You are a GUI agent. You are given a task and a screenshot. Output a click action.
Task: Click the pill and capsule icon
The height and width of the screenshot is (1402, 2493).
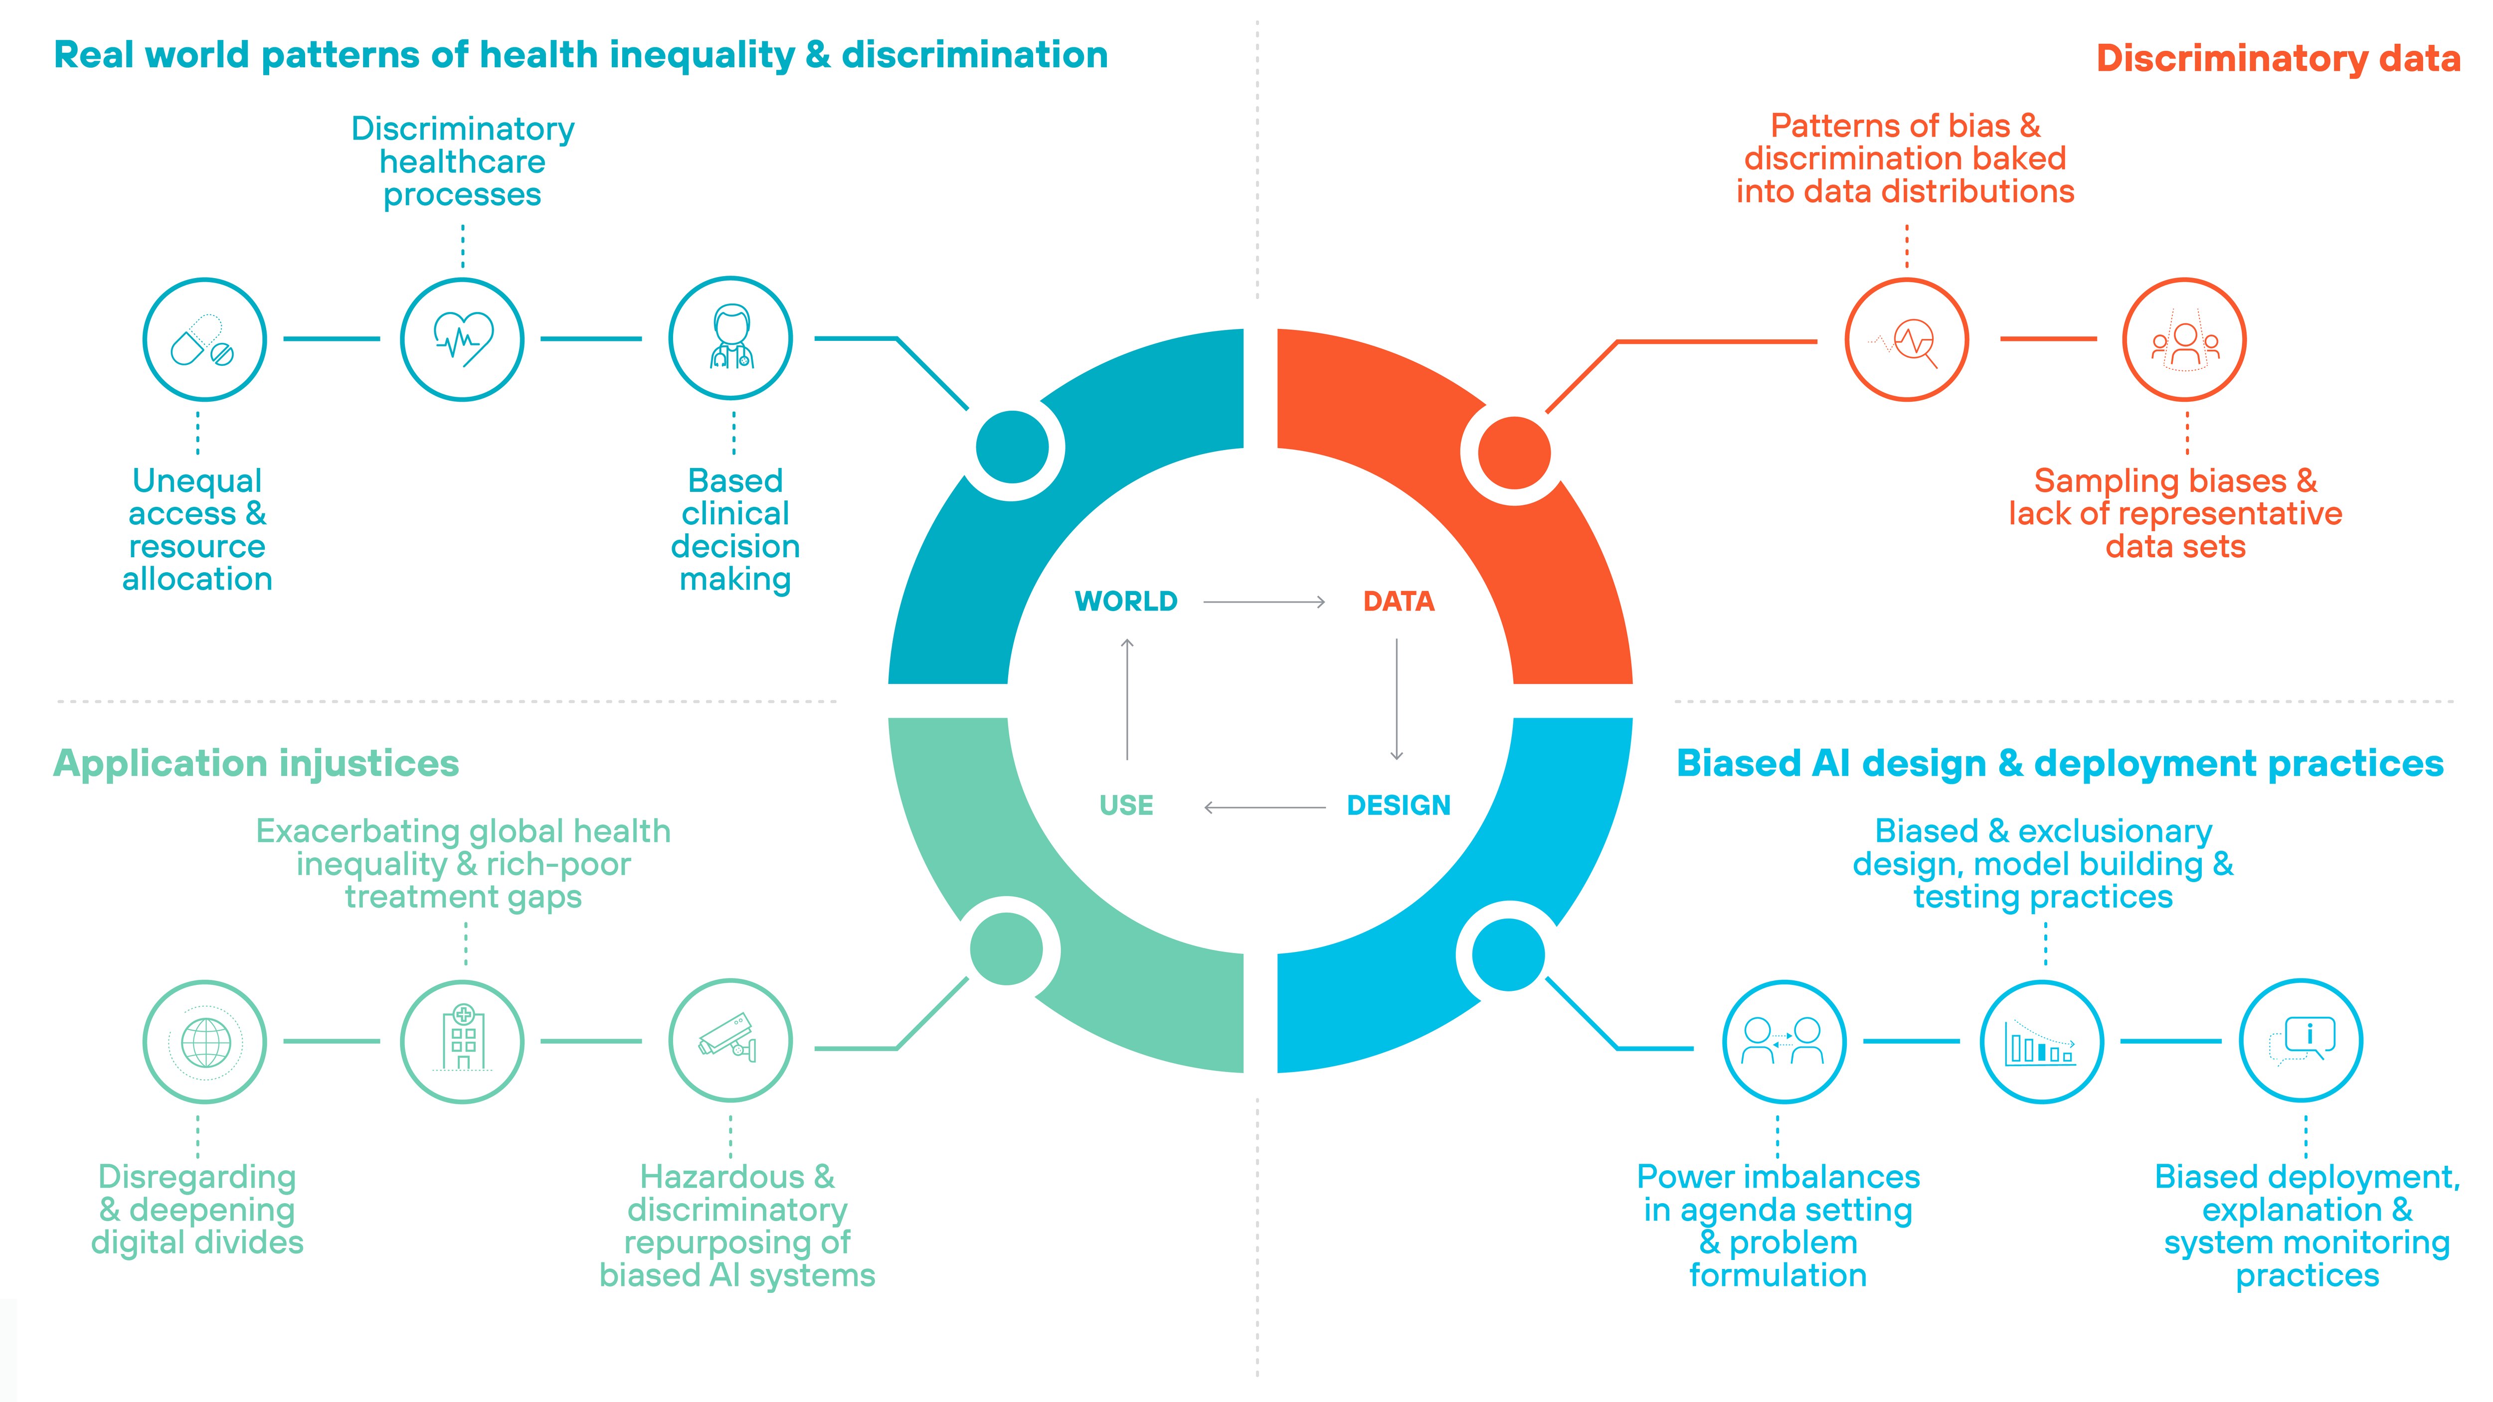[204, 339]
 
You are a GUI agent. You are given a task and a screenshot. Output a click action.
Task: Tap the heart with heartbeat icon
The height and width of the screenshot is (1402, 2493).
[463, 339]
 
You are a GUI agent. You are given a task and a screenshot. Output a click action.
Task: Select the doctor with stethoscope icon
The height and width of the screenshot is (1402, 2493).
[730, 338]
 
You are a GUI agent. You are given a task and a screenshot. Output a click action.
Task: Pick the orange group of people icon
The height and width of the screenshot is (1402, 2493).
[2184, 340]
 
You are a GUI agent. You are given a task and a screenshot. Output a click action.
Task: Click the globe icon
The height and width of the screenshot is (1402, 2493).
[204, 1042]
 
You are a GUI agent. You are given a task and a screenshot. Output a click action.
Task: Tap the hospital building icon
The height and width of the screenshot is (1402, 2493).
[463, 1042]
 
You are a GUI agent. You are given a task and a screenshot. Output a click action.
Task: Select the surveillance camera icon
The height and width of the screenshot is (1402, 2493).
[730, 1041]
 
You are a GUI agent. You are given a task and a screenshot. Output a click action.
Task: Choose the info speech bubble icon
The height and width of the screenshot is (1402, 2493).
[2302, 1041]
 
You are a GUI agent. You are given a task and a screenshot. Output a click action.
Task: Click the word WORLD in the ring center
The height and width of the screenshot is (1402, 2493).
[1125, 602]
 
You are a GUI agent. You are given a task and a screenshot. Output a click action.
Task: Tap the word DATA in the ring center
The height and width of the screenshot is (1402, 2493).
[1399, 602]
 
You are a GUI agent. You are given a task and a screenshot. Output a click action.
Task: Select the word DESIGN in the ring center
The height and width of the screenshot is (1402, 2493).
[1399, 805]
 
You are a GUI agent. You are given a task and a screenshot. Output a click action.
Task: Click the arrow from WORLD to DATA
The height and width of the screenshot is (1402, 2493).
[1264, 602]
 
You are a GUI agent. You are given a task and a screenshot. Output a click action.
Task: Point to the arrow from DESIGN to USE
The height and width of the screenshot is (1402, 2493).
[1264, 807]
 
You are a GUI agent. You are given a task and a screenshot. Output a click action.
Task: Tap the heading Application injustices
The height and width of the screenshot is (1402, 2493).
[256, 764]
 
